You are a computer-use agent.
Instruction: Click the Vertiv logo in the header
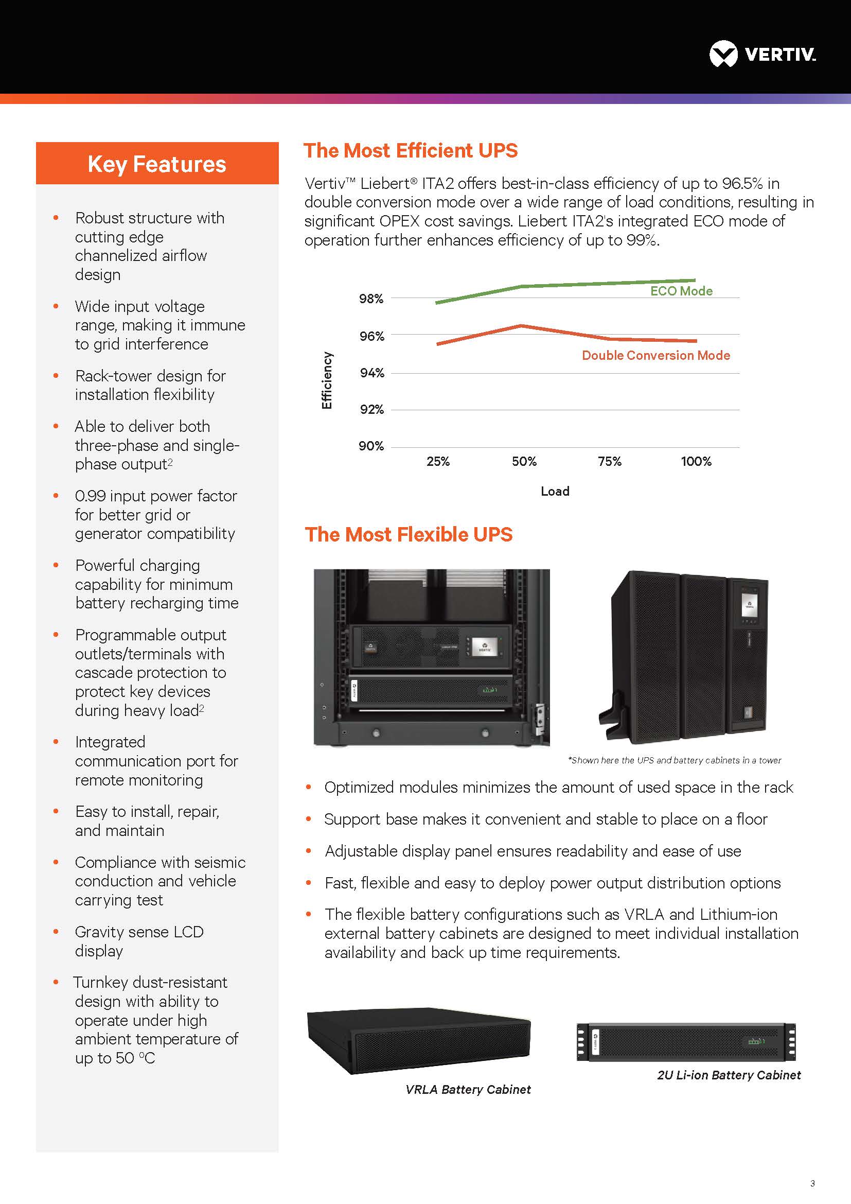[x=762, y=55]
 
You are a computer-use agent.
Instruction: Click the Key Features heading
[x=157, y=164]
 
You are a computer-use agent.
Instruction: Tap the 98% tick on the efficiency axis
[x=371, y=299]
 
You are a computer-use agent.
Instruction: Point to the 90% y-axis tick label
[x=371, y=446]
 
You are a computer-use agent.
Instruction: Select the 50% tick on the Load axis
[x=524, y=461]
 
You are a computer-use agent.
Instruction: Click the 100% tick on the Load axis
[x=696, y=461]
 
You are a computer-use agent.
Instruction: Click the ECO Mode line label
[x=681, y=291]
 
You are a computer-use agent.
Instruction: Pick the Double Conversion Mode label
[x=655, y=356]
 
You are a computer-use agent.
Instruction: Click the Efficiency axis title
[x=327, y=380]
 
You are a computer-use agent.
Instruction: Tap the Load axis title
[x=555, y=492]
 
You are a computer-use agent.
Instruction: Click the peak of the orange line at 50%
[x=521, y=326]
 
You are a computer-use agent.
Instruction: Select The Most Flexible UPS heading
[x=409, y=534]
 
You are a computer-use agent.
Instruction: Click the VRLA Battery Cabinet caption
[x=468, y=1090]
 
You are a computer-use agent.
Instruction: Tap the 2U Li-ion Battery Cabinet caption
[x=729, y=1075]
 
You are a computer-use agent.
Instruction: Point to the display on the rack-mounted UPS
[x=484, y=646]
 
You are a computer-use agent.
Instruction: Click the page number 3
[x=812, y=1183]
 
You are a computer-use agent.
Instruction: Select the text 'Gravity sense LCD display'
[x=139, y=941]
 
